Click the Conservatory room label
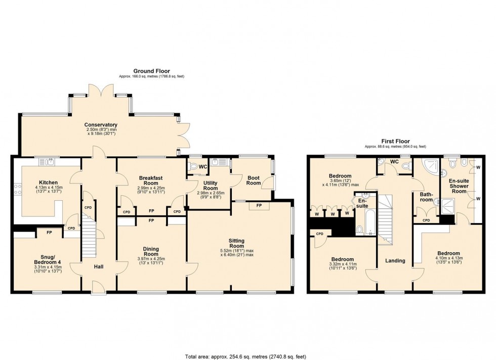(101, 125)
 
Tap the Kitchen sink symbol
(47, 162)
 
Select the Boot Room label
(254, 181)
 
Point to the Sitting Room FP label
(259, 206)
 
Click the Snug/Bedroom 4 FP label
(49, 233)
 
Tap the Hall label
(99, 267)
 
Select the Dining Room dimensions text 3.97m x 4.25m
(151, 259)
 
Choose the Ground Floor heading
(151, 71)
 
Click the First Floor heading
(395, 142)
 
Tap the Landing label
(395, 261)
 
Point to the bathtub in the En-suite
(369, 222)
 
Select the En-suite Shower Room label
(459, 186)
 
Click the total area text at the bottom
(245, 357)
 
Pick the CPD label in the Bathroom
(426, 220)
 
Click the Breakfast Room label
(151, 181)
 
